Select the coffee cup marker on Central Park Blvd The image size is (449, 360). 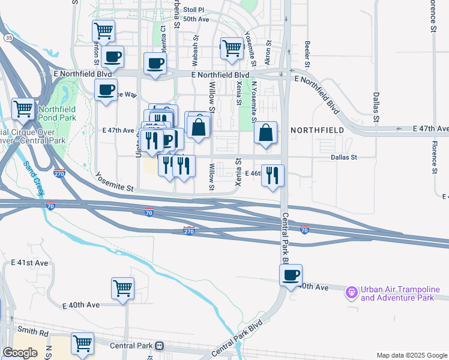(x=291, y=275)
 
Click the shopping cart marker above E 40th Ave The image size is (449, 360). (x=122, y=288)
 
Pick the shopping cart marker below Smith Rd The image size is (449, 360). (x=83, y=343)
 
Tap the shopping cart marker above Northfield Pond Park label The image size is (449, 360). (x=23, y=109)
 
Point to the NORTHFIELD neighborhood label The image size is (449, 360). (x=318, y=130)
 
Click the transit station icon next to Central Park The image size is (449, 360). (x=160, y=346)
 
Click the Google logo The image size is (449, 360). (x=20, y=353)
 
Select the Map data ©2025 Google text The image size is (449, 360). (x=412, y=355)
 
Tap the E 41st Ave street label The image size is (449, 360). (x=29, y=263)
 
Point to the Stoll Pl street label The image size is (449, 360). (x=194, y=10)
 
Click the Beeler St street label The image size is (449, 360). (x=307, y=53)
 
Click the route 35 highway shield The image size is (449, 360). (x=8, y=37)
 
